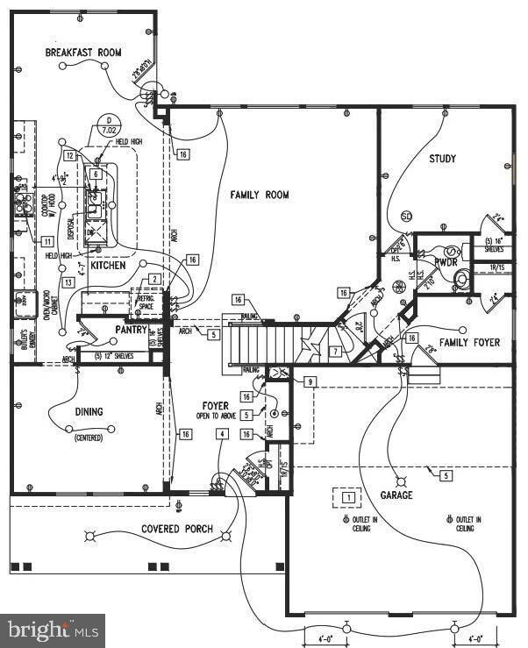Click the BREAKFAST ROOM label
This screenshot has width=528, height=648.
[83, 53]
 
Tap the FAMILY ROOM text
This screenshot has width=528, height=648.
[260, 195]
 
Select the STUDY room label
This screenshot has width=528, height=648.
[443, 159]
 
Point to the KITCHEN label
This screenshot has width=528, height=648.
[108, 265]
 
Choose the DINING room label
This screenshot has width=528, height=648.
[89, 411]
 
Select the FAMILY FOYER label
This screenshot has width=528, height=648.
[469, 343]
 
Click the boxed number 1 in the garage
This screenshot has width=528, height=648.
[348, 497]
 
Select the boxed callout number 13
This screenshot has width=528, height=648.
[67, 281]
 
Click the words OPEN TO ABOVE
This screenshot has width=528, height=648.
[216, 417]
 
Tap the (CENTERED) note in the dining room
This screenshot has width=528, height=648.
[89, 437]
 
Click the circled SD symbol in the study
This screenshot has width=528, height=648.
[406, 216]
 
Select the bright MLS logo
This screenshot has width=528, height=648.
[52, 630]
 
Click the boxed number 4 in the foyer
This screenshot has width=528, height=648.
[224, 434]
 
